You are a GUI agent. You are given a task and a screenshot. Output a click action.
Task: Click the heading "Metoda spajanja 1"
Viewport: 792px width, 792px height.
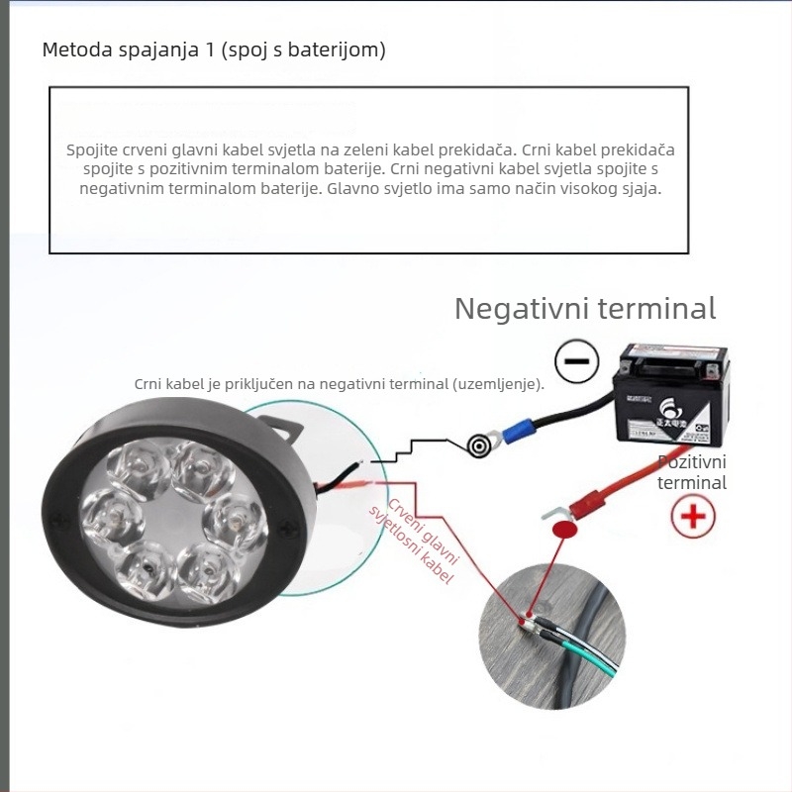click(214, 49)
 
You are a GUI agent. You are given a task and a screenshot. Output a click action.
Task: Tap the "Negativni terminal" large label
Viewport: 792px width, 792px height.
click(584, 308)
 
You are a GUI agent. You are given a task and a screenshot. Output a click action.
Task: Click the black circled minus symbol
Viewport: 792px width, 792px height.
click(575, 361)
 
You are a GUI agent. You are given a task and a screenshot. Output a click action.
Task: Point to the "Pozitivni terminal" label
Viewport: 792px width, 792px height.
click(692, 472)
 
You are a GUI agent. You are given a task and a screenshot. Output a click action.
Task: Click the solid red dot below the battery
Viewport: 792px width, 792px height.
click(563, 531)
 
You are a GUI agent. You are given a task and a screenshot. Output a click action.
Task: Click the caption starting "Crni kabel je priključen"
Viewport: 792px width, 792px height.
click(339, 384)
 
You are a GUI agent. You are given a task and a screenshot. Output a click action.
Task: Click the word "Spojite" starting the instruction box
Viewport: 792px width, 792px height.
click(92, 150)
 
